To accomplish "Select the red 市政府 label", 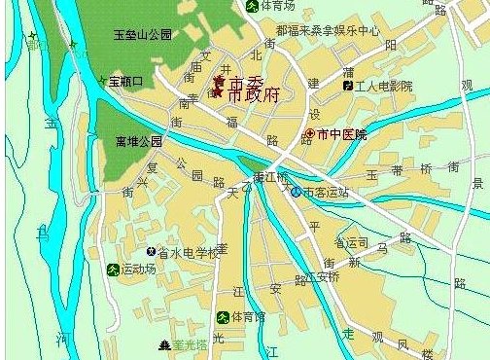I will [252, 95].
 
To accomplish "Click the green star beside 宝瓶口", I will [102, 80].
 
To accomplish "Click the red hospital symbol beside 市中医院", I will [310, 133].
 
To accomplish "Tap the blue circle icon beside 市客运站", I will [296, 192].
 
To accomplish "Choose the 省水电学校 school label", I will [188, 252].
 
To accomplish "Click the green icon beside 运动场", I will [113, 269].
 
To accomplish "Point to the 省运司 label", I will [351, 241].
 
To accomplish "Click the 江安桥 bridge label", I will [322, 276].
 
